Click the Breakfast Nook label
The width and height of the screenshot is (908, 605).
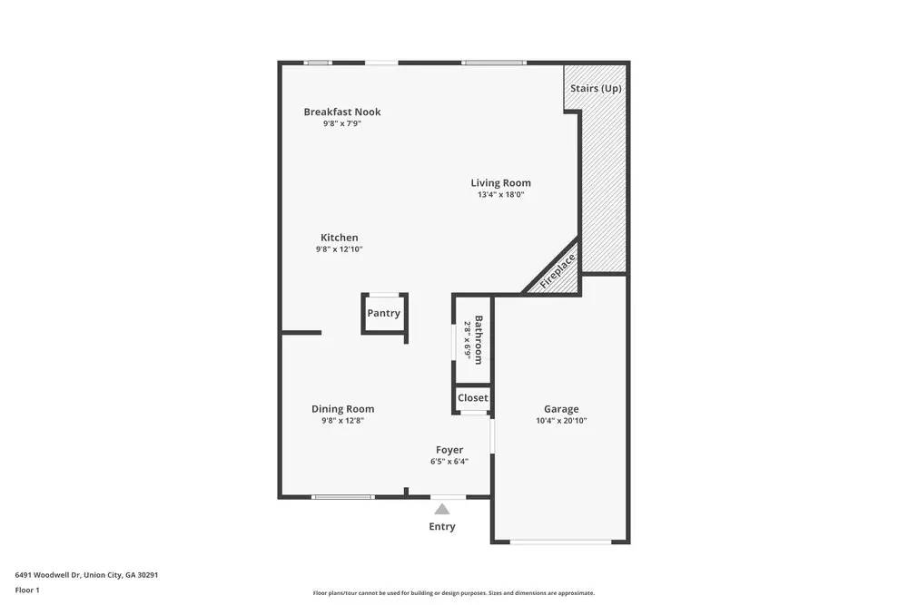point(342,112)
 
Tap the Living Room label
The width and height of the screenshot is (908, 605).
point(500,182)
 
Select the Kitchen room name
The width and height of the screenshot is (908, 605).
point(339,238)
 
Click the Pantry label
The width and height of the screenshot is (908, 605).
point(383,313)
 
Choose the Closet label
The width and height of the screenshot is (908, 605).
point(472,397)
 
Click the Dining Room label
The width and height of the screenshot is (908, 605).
point(342,408)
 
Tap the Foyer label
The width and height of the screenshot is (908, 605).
point(449,449)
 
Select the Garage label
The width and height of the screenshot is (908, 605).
point(561,408)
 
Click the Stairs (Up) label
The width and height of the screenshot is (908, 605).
point(596,89)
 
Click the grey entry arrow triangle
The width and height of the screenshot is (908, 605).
point(442,509)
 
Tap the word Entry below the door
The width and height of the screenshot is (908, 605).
point(442,526)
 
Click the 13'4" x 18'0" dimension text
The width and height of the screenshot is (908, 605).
point(501,194)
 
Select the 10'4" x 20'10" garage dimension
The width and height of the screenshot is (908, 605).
point(561,420)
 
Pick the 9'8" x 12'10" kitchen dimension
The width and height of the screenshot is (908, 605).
point(339,249)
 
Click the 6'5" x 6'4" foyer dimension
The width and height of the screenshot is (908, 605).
point(449,461)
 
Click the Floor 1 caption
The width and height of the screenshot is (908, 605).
point(27,590)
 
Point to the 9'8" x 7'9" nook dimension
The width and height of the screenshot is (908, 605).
point(342,123)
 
